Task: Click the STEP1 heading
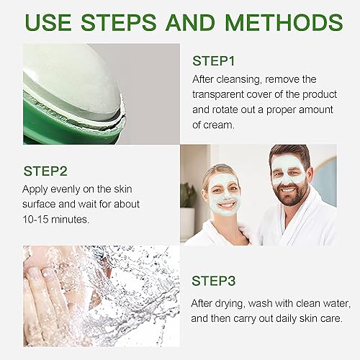217,61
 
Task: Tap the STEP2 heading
48,171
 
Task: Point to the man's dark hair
289,153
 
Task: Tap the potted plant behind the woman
188,194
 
